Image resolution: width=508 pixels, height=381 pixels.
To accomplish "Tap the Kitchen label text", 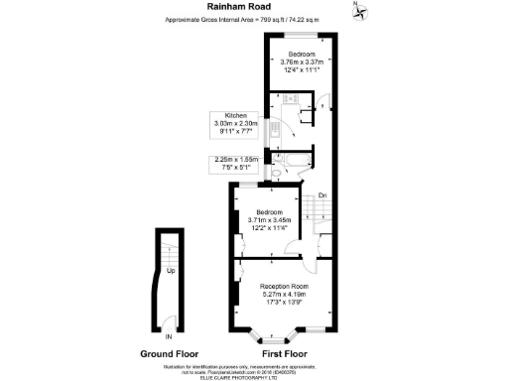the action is pyautogui.click(x=235, y=115).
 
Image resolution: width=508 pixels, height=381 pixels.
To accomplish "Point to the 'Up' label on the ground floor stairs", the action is pyautogui.click(x=171, y=270).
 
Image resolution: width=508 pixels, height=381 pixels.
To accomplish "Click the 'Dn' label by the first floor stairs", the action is pyautogui.click(x=322, y=194).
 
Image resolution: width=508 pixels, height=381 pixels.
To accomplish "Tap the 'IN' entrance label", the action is pyautogui.click(x=169, y=336).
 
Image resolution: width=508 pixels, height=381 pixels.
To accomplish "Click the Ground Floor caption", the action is pyautogui.click(x=169, y=353).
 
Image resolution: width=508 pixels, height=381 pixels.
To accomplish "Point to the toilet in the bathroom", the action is pyautogui.click(x=277, y=172).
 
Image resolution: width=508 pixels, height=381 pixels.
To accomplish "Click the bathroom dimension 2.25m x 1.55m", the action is pyautogui.click(x=235, y=159).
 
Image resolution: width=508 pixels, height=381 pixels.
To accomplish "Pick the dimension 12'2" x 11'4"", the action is pyautogui.click(x=270, y=226).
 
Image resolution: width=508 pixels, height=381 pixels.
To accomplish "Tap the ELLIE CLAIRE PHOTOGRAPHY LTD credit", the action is pyautogui.click(x=253, y=375).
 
